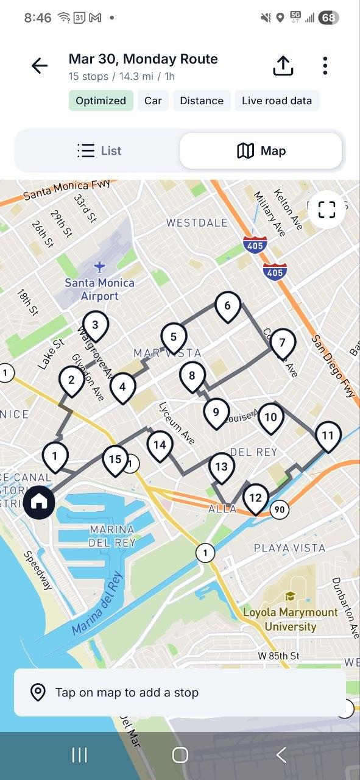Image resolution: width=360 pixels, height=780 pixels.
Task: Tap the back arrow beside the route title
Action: point(40,66)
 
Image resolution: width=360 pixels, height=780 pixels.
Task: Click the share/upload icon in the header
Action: point(283,66)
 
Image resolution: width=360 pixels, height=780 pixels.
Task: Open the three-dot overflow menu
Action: point(325,66)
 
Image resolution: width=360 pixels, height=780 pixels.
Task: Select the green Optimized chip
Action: point(101,101)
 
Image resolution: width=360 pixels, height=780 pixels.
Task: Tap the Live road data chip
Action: point(277,101)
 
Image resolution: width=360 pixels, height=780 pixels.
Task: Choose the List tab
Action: point(99,151)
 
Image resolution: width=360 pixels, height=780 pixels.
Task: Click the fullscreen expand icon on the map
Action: point(327,210)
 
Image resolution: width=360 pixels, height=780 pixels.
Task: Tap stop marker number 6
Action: point(228,305)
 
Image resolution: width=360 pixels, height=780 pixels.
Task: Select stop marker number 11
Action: point(328,435)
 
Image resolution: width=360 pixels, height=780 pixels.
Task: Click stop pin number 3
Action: point(95,325)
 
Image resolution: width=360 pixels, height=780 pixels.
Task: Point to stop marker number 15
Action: point(115,459)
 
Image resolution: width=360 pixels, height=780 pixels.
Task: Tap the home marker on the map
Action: point(40,502)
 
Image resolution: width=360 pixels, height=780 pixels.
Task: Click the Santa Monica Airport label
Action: point(100,289)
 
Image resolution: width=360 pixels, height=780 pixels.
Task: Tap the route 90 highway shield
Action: point(279,509)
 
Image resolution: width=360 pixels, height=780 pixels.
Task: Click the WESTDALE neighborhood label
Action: point(197,223)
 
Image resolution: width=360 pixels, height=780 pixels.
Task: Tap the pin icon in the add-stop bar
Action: point(38,693)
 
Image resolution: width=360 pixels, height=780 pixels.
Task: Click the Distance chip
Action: point(202,101)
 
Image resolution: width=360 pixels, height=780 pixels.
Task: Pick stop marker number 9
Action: point(216,413)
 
